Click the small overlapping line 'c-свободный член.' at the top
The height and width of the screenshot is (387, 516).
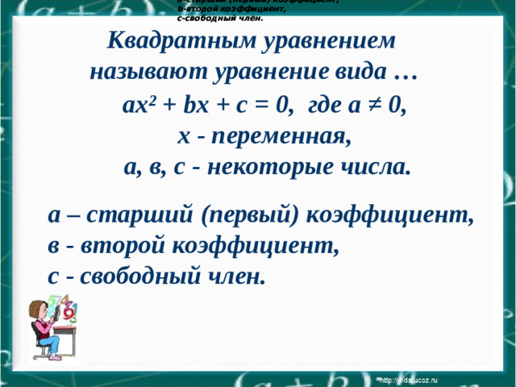tap(220, 17)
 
